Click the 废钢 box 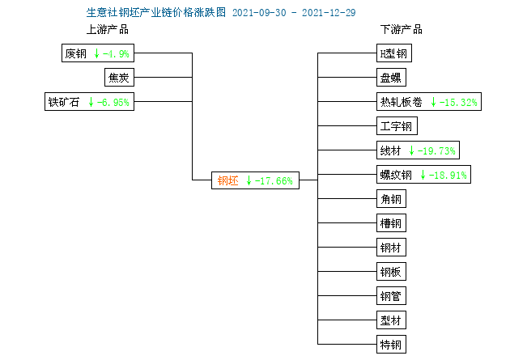point(98,53)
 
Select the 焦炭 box point(119,78)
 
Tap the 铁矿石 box point(89,101)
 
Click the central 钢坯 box point(255,180)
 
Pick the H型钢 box point(394,53)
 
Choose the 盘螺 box point(391,78)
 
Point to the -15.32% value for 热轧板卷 point(458,103)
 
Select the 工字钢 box point(397,125)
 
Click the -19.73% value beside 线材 point(436,150)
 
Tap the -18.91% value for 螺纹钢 point(448,175)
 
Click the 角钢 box point(391,198)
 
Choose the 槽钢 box point(391,223)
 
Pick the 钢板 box point(391,271)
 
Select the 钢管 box point(391,295)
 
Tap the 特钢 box point(391,344)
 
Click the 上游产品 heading point(108,29)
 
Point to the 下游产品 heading point(402,29)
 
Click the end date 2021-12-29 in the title point(329,13)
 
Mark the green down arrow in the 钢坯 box point(249,180)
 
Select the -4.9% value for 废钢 point(116,53)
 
